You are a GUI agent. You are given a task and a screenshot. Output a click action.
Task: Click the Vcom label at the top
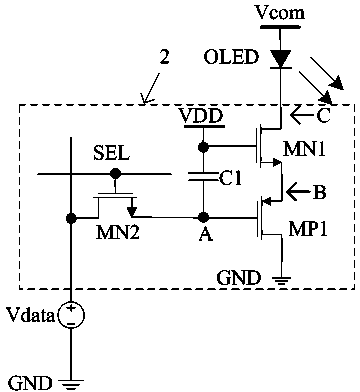pyautogui.click(x=279, y=13)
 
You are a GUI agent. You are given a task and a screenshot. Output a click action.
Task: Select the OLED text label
pyautogui.click(x=231, y=57)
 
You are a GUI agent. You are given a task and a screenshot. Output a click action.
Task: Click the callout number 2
pyautogui.click(x=164, y=57)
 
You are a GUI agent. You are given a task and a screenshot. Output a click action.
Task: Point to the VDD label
pyautogui.click(x=201, y=116)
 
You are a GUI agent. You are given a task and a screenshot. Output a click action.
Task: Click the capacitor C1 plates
pyautogui.click(x=202, y=176)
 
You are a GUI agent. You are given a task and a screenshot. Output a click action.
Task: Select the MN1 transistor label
pyautogui.click(x=304, y=149)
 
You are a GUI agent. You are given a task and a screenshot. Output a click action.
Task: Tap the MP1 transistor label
pyautogui.click(x=308, y=229)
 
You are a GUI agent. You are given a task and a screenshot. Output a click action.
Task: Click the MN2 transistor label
pyautogui.click(x=117, y=232)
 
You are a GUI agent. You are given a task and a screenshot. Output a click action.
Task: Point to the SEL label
pyautogui.click(x=111, y=154)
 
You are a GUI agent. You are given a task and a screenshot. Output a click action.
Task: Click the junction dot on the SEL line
pyautogui.click(x=115, y=173)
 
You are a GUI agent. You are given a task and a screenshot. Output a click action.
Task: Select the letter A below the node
pyautogui.click(x=206, y=234)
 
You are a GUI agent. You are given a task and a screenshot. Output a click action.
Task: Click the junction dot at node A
pyautogui.click(x=203, y=218)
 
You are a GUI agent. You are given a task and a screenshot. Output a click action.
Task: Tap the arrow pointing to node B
pyautogui.click(x=298, y=193)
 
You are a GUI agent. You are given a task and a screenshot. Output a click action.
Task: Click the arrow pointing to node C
pyautogui.click(x=302, y=116)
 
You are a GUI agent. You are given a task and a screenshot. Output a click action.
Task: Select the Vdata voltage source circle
pyautogui.click(x=71, y=315)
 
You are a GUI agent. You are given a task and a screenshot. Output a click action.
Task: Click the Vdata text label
pyautogui.click(x=31, y=315)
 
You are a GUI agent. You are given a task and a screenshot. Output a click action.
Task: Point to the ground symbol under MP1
pyautogui.click(x=282, y=279)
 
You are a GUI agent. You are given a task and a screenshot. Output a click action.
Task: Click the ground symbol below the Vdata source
pyautogui.click(x=71, y=384)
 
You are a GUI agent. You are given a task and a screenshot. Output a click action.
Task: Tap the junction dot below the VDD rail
pyautogui.click(x=202, y=146)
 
